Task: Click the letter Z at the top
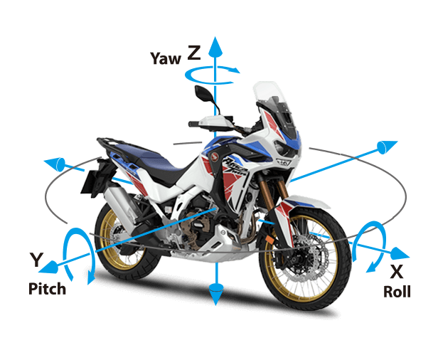pyautogui.click(x=194, y=53)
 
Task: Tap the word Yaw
pyautogui.click(x=166, y=58)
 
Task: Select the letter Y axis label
pyautogui.click(x=36, y=260)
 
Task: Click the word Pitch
pyautogui.click(x=47, y=288)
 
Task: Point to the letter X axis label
pyautogui.click(x=397, y=271)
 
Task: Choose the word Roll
pyautogui.click(x=397, y=292)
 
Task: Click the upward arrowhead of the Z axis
pyautogui.click(x=215, y=46)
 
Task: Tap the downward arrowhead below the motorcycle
pyautogui.click(x=216, y=294)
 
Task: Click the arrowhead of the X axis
pyautogui.click(x=400, y=254)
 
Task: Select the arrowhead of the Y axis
pyautogui.click(x=48, y=267)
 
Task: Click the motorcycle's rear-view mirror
pyautogui.click(x=204, y=95)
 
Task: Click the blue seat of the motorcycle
pyautogui.click(x=145, y=157)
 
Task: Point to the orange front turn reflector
pyautogui.click(x=270, y=240)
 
